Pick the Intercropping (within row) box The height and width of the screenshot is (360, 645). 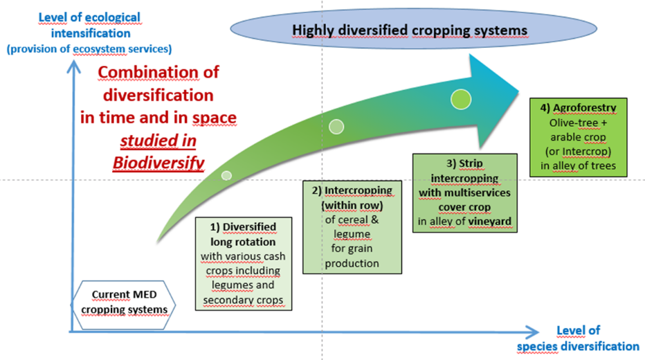pyautogui.click(x=352, y=226)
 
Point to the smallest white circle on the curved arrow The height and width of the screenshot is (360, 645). pyautogui.click(x=226, y=175)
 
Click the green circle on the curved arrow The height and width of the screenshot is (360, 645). pyautogui.click(x=461, y=99)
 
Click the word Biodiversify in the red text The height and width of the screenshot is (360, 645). pyautogui.click(x=160, y=161)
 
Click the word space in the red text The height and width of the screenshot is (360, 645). pyautogui.click(x=215, y=117)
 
